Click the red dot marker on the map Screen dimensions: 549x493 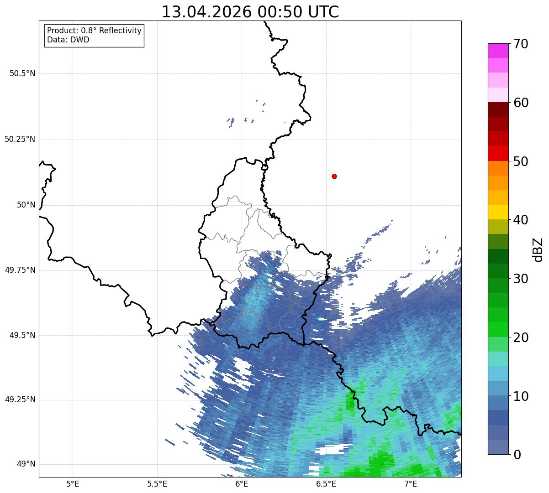tap(334, 176)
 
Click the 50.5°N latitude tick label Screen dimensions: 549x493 tap(22, 73)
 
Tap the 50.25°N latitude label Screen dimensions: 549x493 tap(20, 140)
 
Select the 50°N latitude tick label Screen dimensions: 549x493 tap(26, 205)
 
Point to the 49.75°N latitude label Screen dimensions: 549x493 tap(20, 270)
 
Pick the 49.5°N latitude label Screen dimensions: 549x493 tap(22, 335)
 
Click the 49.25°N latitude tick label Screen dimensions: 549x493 tap(20, 400)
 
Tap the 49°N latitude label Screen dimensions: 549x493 tap(26, 464)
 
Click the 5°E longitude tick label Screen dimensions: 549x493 tap(73, 484)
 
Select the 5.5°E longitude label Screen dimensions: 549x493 tap(157, 484)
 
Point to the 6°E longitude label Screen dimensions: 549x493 tap(242, 484)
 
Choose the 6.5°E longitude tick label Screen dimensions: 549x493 tap(326, 484)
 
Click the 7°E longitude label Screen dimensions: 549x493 tap(411, 484)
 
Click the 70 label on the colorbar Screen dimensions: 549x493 tap(521, 44)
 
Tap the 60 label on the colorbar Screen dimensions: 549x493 tap(521, 103)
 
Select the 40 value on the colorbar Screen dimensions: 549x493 tap(521, 220)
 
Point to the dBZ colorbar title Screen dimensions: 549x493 tap(538, 250)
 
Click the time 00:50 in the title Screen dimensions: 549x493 tap(280, 12)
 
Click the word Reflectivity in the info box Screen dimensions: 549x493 tap(120, 31)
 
